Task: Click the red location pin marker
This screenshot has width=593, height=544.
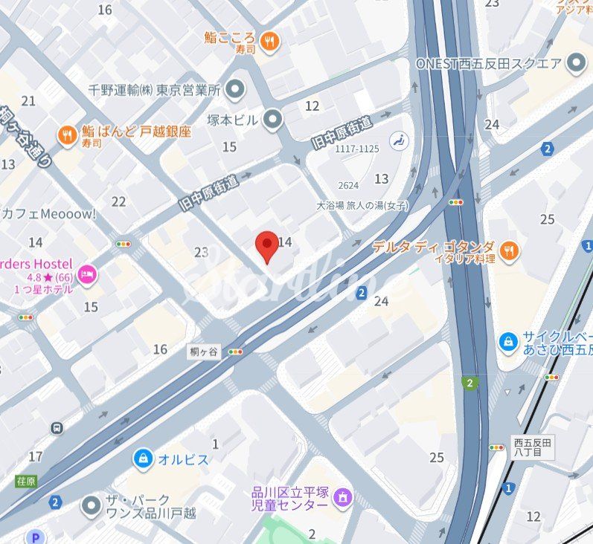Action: (267, 245)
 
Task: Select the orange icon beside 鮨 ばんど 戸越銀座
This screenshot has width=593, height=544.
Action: (68, 135)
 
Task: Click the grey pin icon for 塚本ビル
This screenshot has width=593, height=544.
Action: (273, 118)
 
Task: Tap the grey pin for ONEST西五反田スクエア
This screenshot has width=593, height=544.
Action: (576, 63)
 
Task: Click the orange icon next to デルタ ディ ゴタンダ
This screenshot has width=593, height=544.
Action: (510, 252)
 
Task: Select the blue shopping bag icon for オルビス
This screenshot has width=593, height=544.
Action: (143, 459)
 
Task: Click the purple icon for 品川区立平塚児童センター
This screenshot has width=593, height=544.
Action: (342, 496)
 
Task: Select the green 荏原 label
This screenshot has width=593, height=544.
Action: (25, 481)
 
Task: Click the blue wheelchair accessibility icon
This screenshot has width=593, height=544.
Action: (399, 138)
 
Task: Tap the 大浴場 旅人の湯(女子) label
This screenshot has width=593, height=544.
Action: (362, 206)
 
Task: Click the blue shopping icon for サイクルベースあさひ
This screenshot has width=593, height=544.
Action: (508, 341)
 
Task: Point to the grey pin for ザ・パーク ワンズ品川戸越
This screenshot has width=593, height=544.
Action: (92, 506)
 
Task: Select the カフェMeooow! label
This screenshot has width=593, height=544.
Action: (49, 214)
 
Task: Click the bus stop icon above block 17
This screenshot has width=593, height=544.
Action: (57, 428)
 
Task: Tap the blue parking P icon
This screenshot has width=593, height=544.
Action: (34, 537)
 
